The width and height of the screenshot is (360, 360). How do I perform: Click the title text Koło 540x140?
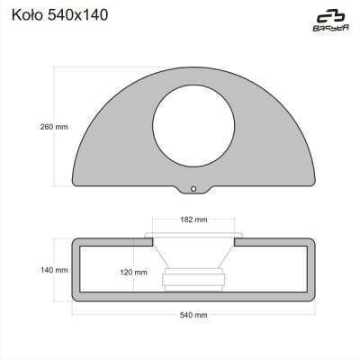pyautogui.click(x=59, y=15)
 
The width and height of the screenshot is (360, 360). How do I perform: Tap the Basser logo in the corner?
pyautogui.click(x=331, y=22)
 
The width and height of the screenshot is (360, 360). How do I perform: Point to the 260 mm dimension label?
pyautogui.click(x=54, y=127)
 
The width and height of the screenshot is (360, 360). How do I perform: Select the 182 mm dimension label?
pyautogui.click(x=193, y=220)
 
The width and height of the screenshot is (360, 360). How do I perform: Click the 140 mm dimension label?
pyautogui.click(x=54, y=270)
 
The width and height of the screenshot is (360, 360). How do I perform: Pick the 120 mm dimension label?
pyautogui.click(x=134, y=273)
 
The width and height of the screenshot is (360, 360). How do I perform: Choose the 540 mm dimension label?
pyautogui.click(x=193, y=315)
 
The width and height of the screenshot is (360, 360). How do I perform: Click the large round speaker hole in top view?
pyautogui.click(x=193, y=126)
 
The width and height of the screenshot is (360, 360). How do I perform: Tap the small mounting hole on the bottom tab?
pyautogui.click(x=193, y=189)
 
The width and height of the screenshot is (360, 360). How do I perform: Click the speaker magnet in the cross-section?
pyautogui.click(x=193, y=280)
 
